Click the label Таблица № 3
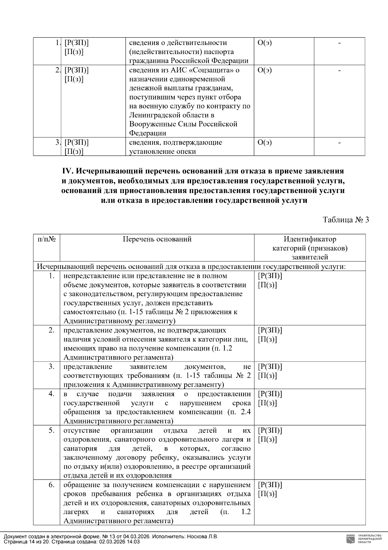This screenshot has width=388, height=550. pos(346,220)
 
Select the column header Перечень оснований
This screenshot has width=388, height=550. pos(157,239)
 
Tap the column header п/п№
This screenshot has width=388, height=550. pos(47,239)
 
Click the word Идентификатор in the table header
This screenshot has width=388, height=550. pos(310,239)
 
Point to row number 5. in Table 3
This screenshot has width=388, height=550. pos(51,431)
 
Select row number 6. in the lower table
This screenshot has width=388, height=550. pos(51,485)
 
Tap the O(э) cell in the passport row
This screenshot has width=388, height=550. pos(264,43)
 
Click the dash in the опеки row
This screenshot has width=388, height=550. pos(339,143)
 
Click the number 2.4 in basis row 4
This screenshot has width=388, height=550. pos(245,412)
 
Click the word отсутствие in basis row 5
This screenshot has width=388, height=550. pos(82,431)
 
